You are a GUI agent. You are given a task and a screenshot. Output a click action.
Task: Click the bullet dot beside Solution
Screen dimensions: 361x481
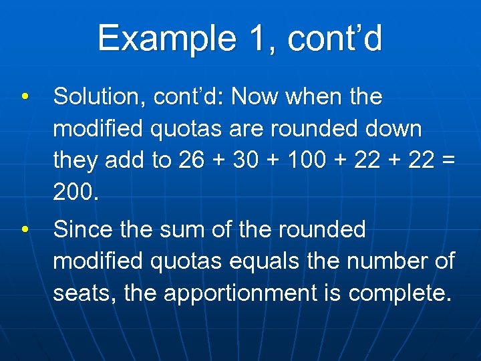(x=25, y=97)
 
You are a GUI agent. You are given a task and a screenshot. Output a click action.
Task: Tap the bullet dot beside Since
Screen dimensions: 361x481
(x=25, y=230)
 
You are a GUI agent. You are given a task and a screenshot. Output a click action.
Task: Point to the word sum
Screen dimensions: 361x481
(x=184, y=230)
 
